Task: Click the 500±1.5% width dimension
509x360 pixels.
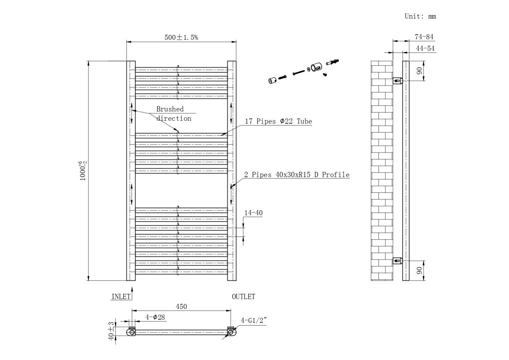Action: pyautogui.click(x=181, y=37)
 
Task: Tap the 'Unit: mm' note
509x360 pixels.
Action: pyautogui.click(x=420, y=16)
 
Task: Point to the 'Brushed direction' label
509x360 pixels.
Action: pyautogui.click(x=173, y=114)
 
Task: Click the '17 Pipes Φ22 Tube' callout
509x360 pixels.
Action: pyautogui.click(x=278, y=121)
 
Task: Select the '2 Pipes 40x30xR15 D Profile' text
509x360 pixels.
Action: pyautogui.click(x=297, y=175)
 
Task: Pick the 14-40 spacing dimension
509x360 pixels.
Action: pyautogui.click(x=253, y=213)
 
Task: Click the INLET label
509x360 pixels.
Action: pyautogui.click(x=121, y=297)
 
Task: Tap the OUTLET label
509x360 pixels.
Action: pyautogui.click(x=243, y=297)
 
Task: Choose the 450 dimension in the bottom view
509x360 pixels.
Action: pyautogui.click(x=181, y=306)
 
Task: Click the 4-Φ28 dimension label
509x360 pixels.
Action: pyautogui.click(x=155, y=317)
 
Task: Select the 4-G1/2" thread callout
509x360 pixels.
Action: pyautogui.click(x=254, y=320)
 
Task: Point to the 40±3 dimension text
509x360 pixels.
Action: pyautogui.click(x=111, y=331)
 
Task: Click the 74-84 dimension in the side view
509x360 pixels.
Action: pyautogui.click(x=424, y=37)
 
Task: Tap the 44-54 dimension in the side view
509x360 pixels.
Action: pyautogui.click(x=425, y=48)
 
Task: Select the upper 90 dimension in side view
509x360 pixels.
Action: pyautogui.click(x=419, y=71)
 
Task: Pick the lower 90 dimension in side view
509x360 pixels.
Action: pyautogui.click(x=419, y=271)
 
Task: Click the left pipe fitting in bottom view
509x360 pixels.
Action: pyautogui.click(x=132, y=332)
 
